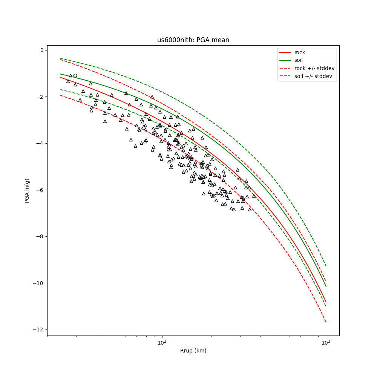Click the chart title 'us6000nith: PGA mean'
(193, 40)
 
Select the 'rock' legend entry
(300, 52)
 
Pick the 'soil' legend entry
(299, 60)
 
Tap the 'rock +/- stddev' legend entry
(314, 68)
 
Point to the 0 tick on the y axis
(41, 50)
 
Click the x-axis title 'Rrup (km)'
(193, 351)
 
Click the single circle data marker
(75, 75)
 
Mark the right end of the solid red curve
(326, 302)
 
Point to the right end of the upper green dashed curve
(326, 266)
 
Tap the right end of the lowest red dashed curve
(326, 322)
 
